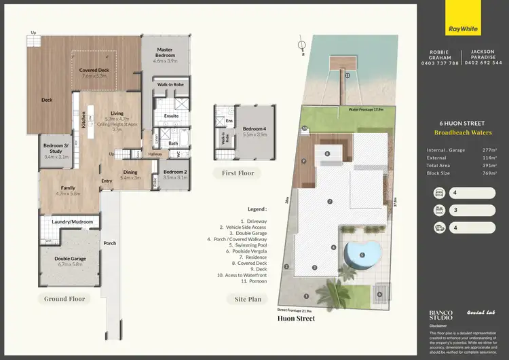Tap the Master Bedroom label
(x=165, y=54)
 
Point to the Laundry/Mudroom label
(x=73, y=221)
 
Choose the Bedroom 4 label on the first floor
(x=255, y=130)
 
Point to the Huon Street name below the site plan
(x=296, y=318)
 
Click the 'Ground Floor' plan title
(x=64, y=298)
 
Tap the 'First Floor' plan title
(x=238, y=173)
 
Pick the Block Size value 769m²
(x=486, y=173)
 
